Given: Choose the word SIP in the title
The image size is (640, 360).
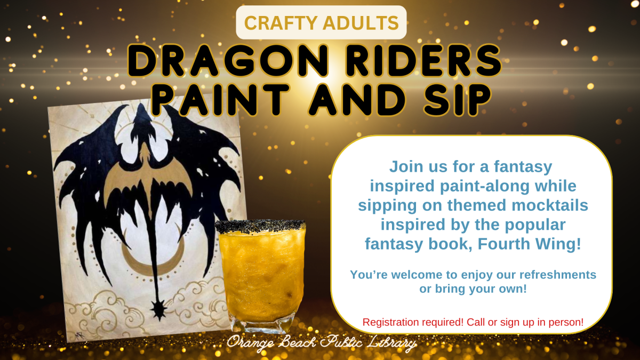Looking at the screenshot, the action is point(457,100).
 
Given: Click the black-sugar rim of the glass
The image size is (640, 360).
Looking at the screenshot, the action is point(260,226).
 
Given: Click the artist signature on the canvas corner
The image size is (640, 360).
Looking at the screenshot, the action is point(79,335).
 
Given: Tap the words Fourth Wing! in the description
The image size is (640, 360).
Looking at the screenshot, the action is point(529,244).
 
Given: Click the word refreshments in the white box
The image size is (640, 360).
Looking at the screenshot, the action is point(558,275).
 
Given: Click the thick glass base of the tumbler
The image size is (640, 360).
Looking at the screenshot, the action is point(261,326).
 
